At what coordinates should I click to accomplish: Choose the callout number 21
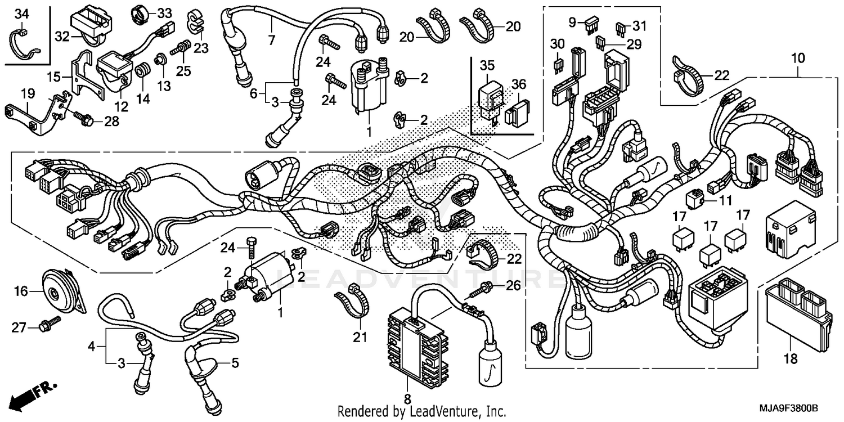pyautogui.click(x=360, y=338)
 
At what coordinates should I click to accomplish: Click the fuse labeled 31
pyautogui.click(x=621, y=26)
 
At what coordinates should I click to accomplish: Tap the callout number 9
pyautogui.click(x=573, y=23)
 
